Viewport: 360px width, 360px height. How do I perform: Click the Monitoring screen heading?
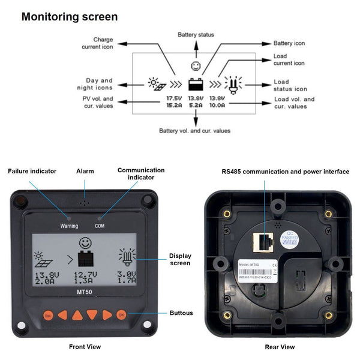click(70, 17)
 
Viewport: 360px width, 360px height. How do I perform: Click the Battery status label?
click(196, 35)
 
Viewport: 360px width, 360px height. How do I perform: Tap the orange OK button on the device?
click(122, 314)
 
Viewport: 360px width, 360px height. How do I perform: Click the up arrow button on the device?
click(77, 314)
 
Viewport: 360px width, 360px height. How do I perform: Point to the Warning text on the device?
click(69, 226)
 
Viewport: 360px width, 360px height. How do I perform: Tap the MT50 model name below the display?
click(85, 292)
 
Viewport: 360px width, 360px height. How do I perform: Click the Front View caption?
click(85, 347)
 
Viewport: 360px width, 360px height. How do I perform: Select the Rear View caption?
click(280, 347)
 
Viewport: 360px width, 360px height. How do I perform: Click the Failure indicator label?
click(32, 171)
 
